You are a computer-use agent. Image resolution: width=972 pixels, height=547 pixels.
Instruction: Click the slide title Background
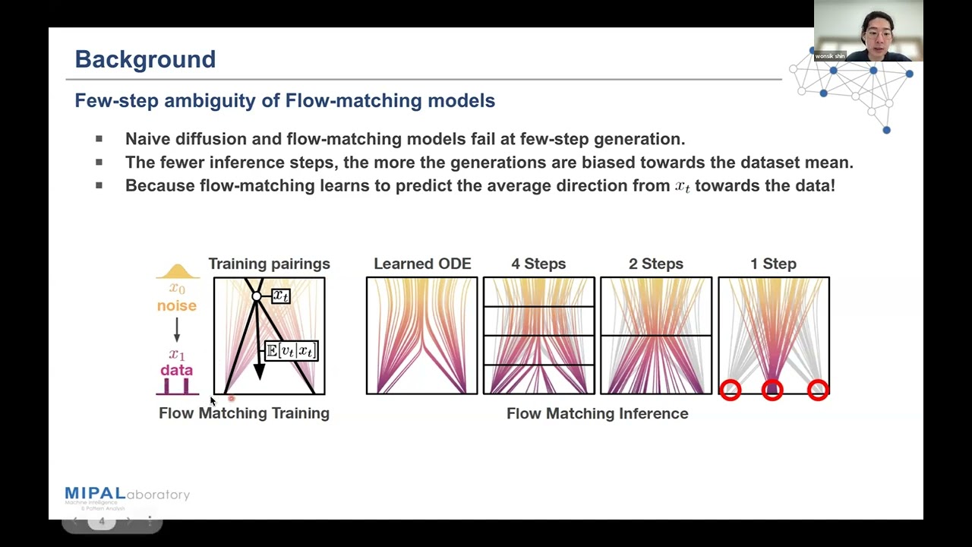click(x=145, y=59)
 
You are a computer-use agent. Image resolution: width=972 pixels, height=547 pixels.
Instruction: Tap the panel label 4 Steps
click(x=538, y=264)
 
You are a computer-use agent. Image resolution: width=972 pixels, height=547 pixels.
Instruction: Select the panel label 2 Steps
click(x=656, y=264)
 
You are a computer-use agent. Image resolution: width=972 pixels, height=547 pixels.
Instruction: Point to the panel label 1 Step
click(x=773, y=264)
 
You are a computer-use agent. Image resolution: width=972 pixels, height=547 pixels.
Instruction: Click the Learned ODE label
click(x=422, y=264)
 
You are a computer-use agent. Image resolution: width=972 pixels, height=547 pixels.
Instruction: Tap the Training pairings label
click(x=269, y=264)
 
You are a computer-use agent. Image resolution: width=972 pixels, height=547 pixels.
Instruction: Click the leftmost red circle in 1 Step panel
click(x=731, y=390)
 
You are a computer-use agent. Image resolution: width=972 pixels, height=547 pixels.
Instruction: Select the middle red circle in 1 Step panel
click(x=772, y=390)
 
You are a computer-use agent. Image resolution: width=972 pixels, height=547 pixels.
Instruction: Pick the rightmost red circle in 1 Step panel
click(x=818, y=390)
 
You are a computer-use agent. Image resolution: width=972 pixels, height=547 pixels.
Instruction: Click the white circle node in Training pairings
click(x=257, y=296)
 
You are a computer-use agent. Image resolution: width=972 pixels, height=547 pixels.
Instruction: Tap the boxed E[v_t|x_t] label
click(x=292, y=350)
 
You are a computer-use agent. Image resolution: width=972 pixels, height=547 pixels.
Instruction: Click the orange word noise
click(x=177, y=305)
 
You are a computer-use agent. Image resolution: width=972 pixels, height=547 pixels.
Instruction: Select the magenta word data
click(x=176, y=370)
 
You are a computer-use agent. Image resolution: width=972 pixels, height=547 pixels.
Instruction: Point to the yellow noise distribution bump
click(x=177, y=270)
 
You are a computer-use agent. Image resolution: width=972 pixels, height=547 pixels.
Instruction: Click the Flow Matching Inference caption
click(x=597, y=413)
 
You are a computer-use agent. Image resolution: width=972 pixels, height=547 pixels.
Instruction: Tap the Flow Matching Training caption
click(x=244, y=413)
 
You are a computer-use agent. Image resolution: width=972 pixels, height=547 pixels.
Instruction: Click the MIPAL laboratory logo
click(x=127, y=495)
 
